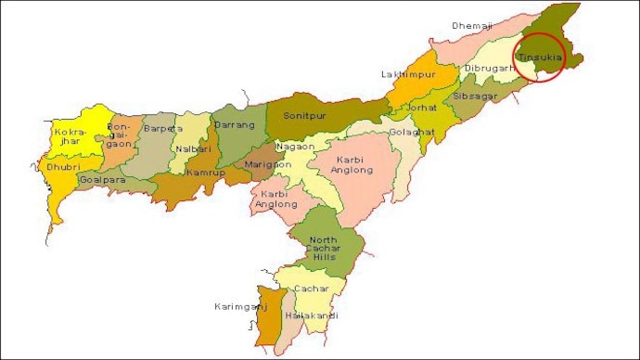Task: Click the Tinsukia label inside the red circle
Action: tap(541, 58)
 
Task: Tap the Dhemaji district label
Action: tap(469, 26)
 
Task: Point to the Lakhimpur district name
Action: tap(403, 73)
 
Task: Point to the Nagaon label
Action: tap(294, 147)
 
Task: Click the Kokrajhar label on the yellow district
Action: tap(70, 139)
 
